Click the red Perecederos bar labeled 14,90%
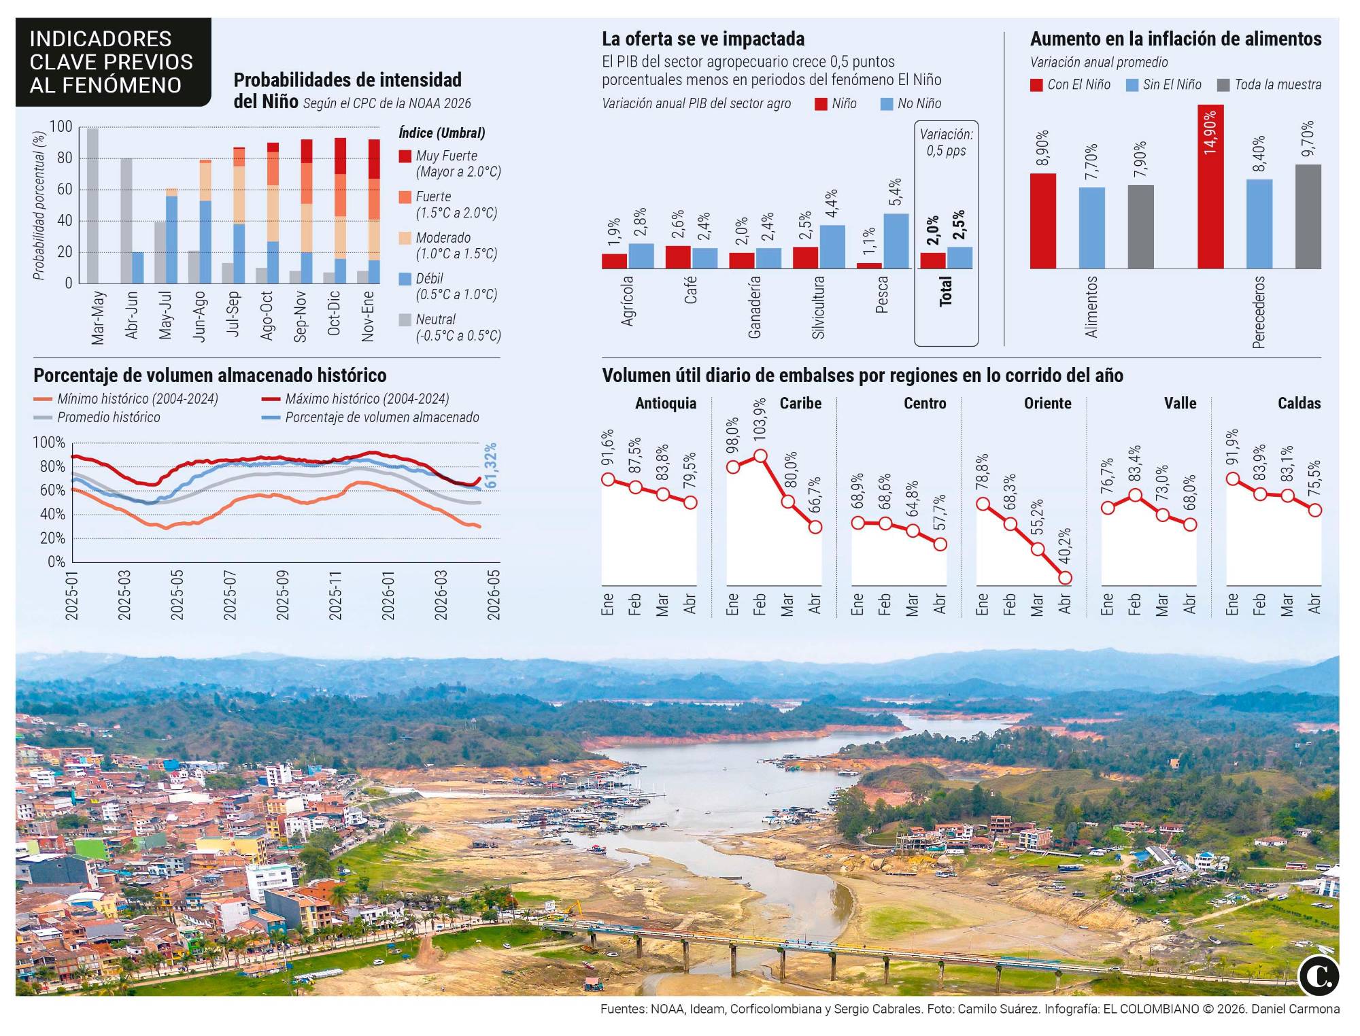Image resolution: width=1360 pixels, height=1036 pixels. click(x=1210, y=187)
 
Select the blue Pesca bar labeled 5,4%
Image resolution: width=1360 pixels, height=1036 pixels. click(x=896, y=241)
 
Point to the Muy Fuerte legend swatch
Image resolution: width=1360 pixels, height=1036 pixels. click(x=405, y=156)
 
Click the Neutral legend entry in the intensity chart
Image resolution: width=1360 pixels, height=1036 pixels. click(x=449, y=327)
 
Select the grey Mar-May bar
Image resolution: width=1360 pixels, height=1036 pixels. click(x=92, y=205)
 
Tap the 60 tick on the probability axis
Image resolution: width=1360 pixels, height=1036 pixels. click(x=65, y=190)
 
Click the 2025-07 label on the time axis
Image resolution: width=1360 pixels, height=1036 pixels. click(x=230, y=595)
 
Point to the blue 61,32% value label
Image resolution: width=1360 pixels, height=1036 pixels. click(x=491, y=465)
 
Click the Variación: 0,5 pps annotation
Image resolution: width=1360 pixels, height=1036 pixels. click(x=946, y=143)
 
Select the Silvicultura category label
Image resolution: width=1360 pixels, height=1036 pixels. click(x=818, y=307)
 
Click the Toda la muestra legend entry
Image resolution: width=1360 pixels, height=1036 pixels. click(x=1270, y=85)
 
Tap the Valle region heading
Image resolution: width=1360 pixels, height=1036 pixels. click(x=1180, y=403)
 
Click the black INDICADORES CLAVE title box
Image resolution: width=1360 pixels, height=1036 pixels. click(x=112, y=63)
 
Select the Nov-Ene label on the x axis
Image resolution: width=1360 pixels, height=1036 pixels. click(x=368, y=316)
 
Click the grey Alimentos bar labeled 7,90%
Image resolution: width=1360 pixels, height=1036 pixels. click(x=1140, y=226)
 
